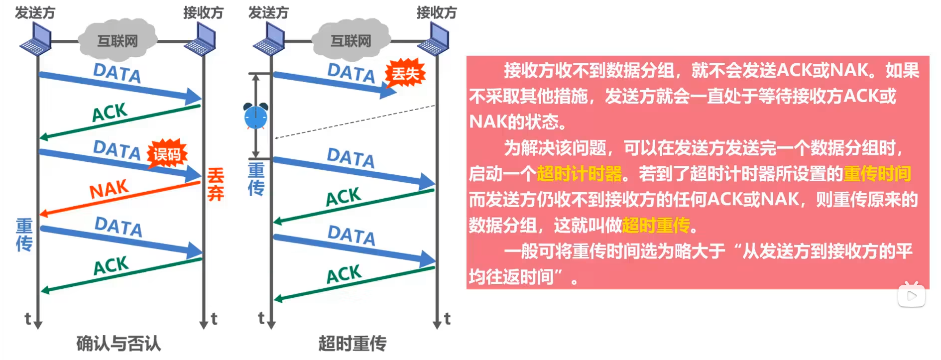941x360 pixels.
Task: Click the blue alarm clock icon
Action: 255,117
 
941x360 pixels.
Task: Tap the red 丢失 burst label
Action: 405,74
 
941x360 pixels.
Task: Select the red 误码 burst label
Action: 167,154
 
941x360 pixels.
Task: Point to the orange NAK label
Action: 109,189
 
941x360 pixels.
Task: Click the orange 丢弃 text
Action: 216,184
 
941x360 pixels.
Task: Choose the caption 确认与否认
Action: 118,344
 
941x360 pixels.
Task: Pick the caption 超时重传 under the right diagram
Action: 352,344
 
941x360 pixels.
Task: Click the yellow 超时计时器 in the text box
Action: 580,174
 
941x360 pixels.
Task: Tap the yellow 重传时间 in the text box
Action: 877,174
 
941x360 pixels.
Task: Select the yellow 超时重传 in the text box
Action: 656,226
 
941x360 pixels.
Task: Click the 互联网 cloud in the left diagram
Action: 118,40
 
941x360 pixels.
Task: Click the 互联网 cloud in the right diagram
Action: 351,40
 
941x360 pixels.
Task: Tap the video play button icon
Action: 912,296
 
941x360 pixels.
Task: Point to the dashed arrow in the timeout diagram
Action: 354,121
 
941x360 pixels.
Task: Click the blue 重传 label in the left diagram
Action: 24,235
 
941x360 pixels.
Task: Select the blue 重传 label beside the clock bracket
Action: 256,179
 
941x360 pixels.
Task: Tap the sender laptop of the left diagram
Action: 36,40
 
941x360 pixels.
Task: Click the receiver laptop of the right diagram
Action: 434,40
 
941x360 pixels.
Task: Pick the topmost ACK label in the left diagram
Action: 110,113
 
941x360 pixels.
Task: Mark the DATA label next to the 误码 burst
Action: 117,149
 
